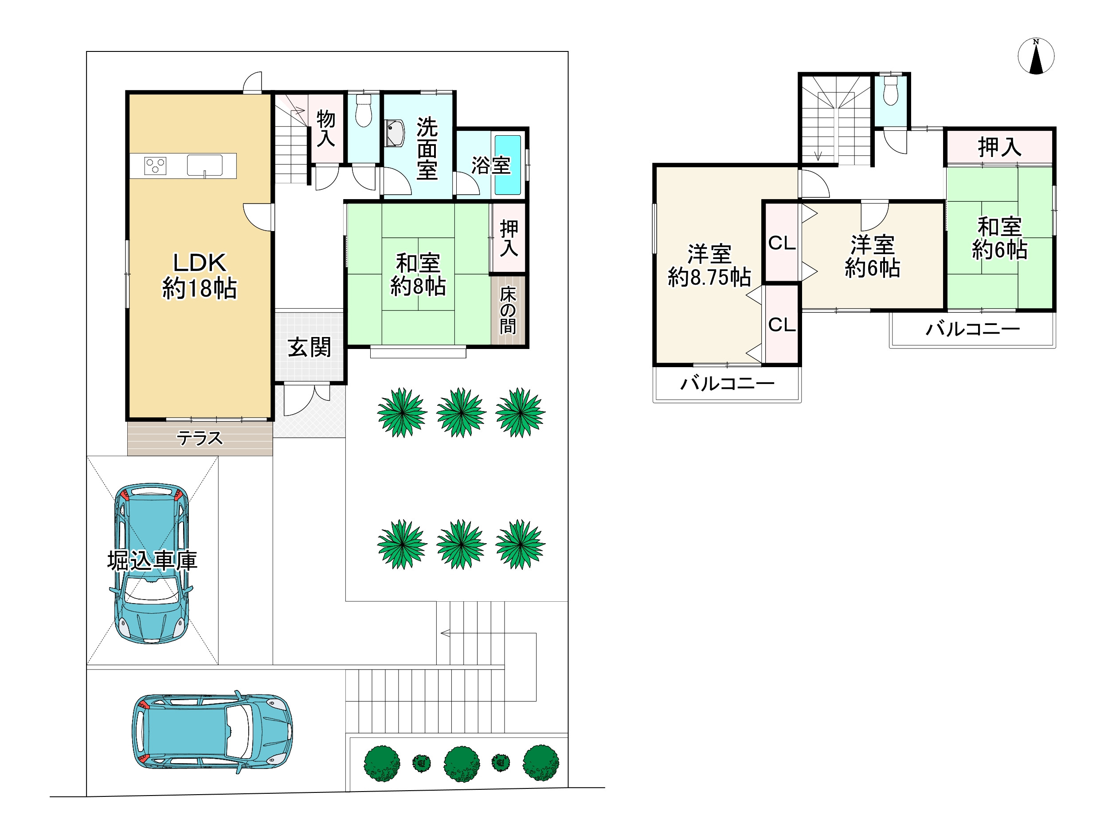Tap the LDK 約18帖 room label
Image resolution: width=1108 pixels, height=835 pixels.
click(200, 275)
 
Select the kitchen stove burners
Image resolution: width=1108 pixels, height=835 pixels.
click(155, 165)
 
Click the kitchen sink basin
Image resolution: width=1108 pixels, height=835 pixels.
click(204, 165)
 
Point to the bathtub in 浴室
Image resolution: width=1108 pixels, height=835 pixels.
click(508, 165)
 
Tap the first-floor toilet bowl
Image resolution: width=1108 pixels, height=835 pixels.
click(364, 111)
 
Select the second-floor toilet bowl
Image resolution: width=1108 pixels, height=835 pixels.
click(891, 90)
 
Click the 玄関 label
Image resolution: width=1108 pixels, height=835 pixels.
click(309, 347)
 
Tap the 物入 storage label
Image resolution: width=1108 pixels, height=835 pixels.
click(325, 128)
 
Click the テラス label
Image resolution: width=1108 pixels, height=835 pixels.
click(200, 438)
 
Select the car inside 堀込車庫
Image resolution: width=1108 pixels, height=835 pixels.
click(152, 563)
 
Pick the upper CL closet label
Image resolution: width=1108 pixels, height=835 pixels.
click(782, 243)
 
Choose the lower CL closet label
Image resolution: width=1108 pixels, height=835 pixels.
click(782, 325)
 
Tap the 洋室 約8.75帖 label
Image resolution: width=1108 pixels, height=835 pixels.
click(709, 266)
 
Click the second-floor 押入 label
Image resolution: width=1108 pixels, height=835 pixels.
click(999, 147)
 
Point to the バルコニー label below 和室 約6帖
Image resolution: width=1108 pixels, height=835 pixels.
click(973, 329)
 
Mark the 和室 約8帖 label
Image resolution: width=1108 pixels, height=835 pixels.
click(418, 274)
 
